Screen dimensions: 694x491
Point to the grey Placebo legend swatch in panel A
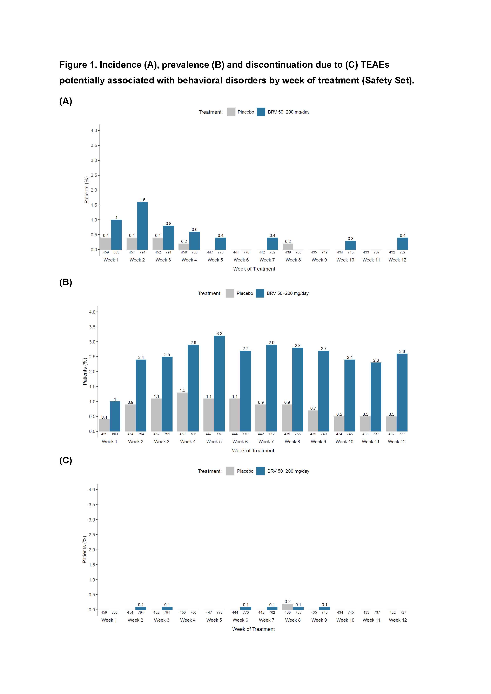coord(231,112)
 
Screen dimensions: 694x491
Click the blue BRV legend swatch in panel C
coord(260,471)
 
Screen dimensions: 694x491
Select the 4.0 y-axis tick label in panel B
coord(92,312)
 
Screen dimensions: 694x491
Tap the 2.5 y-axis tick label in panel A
coord(94,175)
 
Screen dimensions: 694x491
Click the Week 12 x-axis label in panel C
coord(398,620)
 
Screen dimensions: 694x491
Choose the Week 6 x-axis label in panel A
coord(241,260)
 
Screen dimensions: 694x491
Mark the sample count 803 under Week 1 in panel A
coord(116,252)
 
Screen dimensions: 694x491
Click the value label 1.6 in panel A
coord(142,200)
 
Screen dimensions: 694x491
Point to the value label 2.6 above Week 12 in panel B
coord(402,352)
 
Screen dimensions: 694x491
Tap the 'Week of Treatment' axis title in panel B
coord(253,450)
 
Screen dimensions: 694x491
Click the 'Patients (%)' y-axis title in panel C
coord(85,550)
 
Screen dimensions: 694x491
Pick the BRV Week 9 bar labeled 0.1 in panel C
coord(324,608)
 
